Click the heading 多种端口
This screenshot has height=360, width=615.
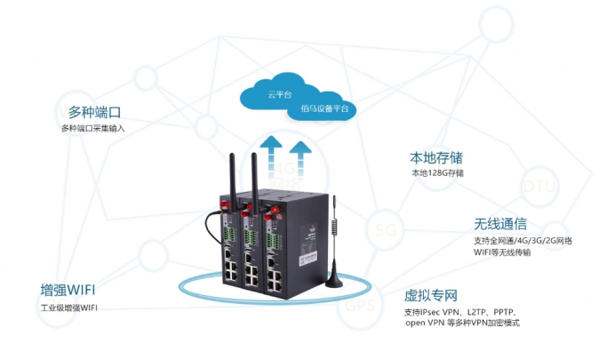(94, 113)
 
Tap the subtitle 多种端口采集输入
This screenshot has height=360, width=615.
(94, 130)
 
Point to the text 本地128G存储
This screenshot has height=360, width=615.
(437, 173)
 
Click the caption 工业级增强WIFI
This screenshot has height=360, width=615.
(70, 308)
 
